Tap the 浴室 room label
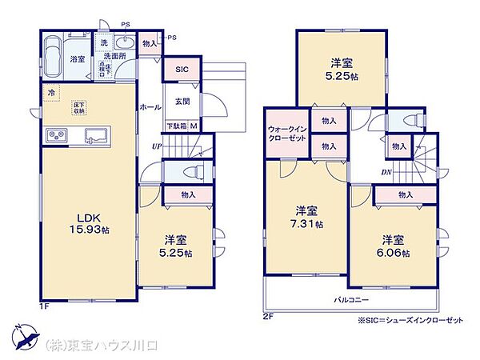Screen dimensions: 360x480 tap(78, 60)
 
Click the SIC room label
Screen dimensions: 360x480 tap(182, 70)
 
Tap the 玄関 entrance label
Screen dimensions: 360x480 tap(182, 101)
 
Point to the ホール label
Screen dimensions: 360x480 tap(150, 106)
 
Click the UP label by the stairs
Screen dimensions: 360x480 tap(159, 146)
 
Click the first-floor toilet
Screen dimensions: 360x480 tap(193, 171)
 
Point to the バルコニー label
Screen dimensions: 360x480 tap(351, 299)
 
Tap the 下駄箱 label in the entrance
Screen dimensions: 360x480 tap(175, 125)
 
